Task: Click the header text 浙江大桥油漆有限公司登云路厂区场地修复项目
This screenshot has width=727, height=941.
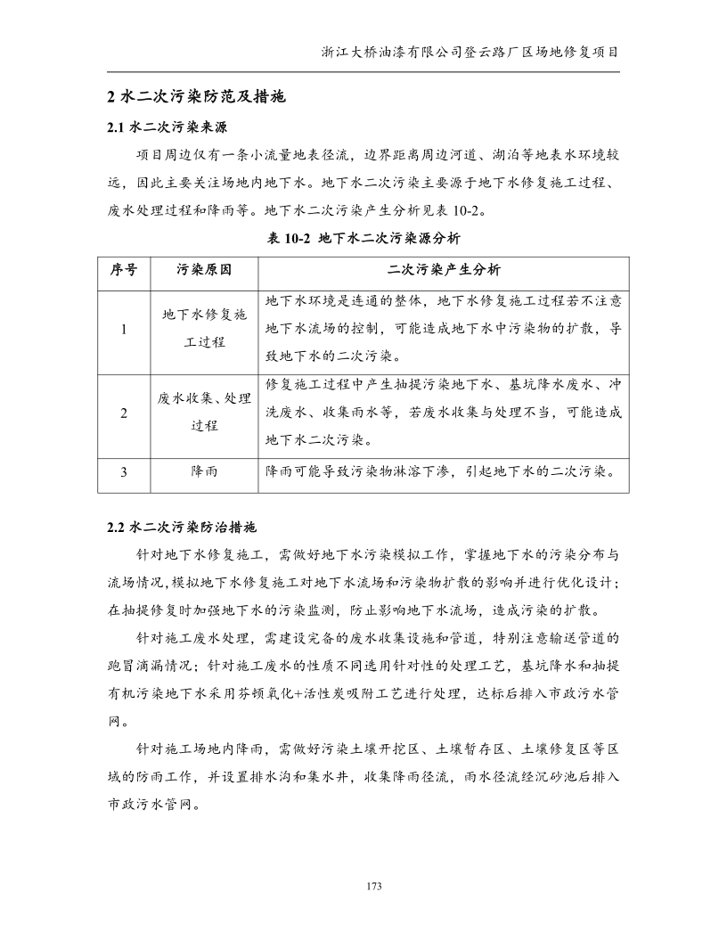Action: [x=470, y=52]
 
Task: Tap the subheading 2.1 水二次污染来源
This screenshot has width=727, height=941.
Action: [x=167, y=127]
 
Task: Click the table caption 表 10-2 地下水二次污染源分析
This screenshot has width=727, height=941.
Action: [x=363, y=238]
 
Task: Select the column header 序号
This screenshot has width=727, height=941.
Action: [x=123, y=269]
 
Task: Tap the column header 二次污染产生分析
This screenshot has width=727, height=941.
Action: [x=444, y=269]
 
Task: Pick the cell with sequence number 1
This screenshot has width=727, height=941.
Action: [x=123, y=329]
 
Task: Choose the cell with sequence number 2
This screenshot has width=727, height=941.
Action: [x=123, y=413]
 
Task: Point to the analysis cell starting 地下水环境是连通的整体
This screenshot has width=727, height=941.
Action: [x=444, y=329]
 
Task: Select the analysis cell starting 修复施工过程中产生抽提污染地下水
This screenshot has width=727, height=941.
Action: [x=444, y=413]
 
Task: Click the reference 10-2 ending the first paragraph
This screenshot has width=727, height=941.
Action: [x=467, y=211]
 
